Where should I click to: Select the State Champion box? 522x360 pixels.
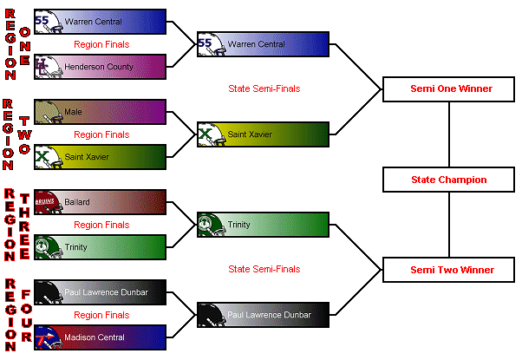point(448,180)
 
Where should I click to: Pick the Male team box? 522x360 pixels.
point(101,112)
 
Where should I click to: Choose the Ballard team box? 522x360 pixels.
point(101,202)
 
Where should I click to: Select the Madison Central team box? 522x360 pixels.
point(101,337)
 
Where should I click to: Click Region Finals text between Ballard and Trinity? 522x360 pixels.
point(101,225)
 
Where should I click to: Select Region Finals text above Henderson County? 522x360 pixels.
point(101,44)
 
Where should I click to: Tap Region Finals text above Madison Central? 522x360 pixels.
point(101,315)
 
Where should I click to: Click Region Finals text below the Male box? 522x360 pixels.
point(101,134)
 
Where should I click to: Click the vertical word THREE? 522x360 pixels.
point(25,224)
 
